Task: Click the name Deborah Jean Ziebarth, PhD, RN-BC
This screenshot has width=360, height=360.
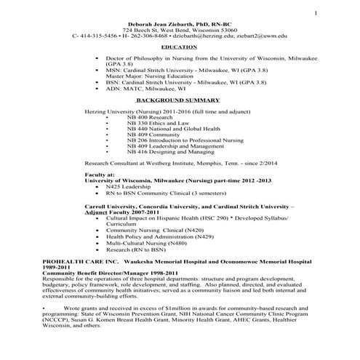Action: click(180, 23)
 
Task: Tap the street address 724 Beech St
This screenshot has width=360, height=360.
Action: click(143, 29)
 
